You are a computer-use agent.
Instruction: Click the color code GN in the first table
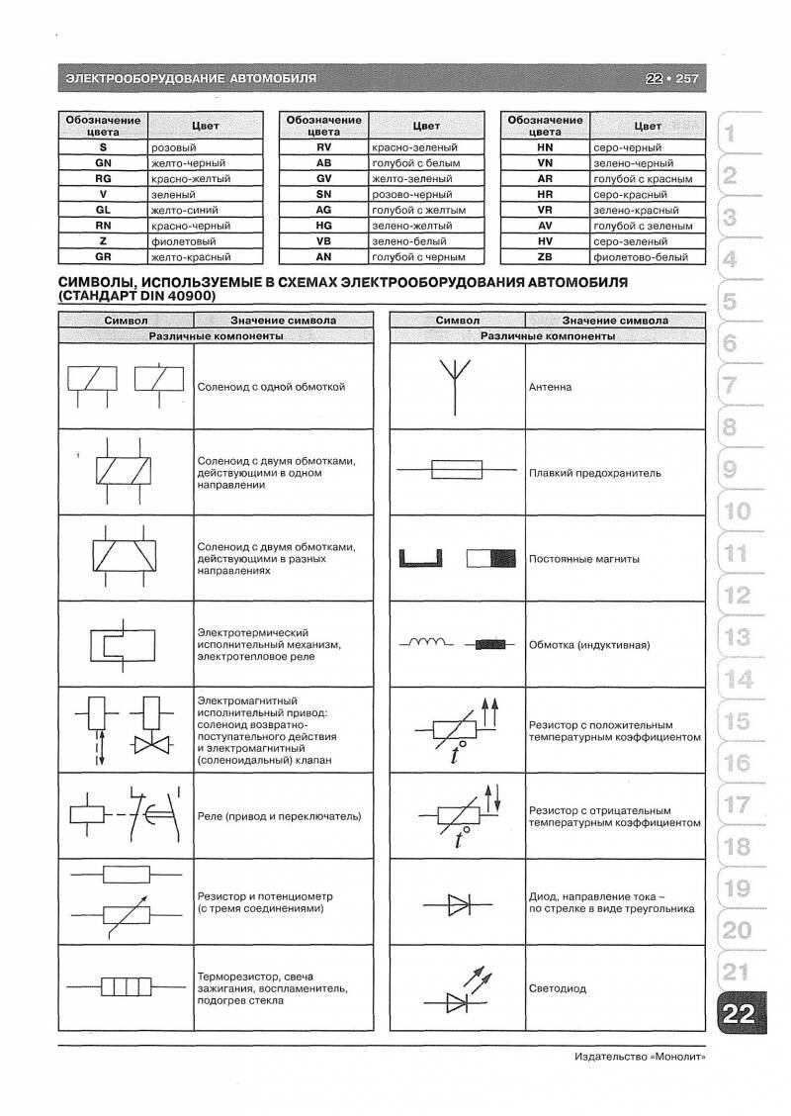click(x=103, y=162)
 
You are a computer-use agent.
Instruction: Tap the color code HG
click(x=323, y=226)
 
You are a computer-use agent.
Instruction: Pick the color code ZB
click(x=544, y=257)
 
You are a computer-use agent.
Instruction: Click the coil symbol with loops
click(x=425, y=643)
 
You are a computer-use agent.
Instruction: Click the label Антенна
click(x=550, y=387)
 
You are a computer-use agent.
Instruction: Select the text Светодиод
click(x=558, y=988)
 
